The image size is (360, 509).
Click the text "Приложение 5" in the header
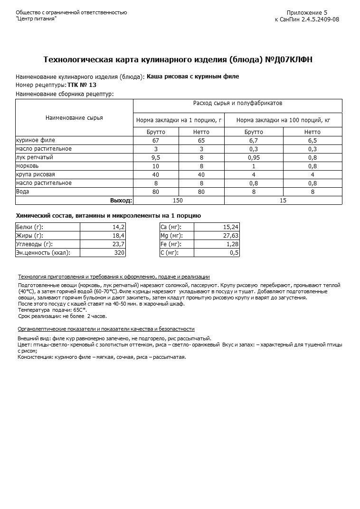click(x=307, y=13)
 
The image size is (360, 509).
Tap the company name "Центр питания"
click(x=36, y=19)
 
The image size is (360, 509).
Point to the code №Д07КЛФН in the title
click(x=288, y=59)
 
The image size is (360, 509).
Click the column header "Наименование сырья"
click(x=74, y=118)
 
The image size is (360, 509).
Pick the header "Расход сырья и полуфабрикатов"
click(x=237, y=103)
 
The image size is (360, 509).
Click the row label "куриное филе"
click(x=36, y=140)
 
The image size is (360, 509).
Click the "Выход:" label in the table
click(x=121, y=200)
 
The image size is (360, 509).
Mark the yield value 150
click(x=178, y=200)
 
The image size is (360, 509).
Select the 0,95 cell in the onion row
click(x=254, y=157)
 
